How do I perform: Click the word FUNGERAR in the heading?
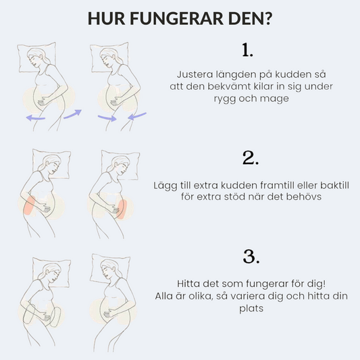click(x=176, y=18)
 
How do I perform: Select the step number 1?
click(x=247, y=50)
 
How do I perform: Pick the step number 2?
click(x=251, y=158)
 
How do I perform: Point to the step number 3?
click(x=251, y=257)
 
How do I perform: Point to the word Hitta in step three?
click(x=187, y=284)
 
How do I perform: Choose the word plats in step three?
click(x=251, y=309)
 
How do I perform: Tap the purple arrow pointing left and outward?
click(x=36, y=118)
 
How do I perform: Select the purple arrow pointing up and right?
click(x=72, y=114)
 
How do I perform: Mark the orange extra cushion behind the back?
click(x=30, y=205)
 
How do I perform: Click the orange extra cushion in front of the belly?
click(x=122, y=209)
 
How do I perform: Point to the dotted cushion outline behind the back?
click(x=29, y=314)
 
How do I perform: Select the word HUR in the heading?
click(x=106, y=18)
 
